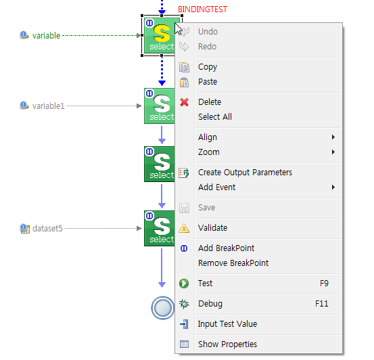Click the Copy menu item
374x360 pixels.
208,67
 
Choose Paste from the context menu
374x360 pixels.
208,82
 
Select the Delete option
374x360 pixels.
210,102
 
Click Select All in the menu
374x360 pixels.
215,117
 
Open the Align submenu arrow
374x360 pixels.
333,137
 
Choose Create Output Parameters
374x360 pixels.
245,173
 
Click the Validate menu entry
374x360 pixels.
212,228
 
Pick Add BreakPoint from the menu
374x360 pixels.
226,248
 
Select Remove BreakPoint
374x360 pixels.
233,263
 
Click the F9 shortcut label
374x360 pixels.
324,284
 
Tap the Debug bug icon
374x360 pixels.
184,304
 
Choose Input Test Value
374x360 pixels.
227,324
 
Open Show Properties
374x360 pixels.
227,344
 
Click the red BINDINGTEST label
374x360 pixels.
202,9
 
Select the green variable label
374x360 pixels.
46,36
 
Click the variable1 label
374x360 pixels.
49,106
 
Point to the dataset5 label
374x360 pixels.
47,229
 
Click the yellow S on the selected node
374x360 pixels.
162,33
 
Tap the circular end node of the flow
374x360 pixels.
163,308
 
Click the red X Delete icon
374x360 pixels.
184,102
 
